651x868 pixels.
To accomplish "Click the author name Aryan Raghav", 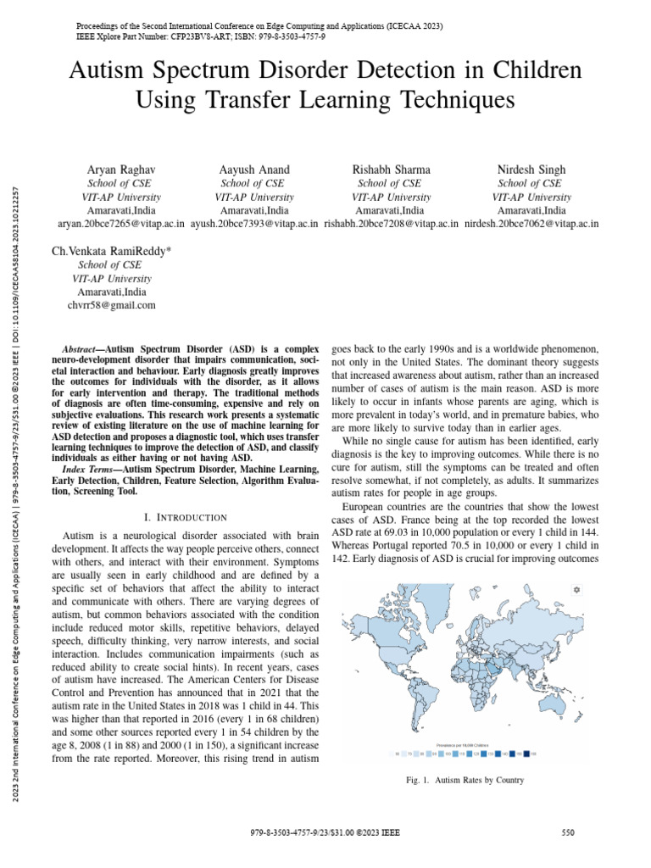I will pyautogui.click(x=115, y=170).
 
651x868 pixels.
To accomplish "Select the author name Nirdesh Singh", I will pyautogui.click(x=531, y=170).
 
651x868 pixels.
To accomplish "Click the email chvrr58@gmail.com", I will pyautogui.click(x=105, y=305).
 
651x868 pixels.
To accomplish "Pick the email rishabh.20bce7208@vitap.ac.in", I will pyautogui.click(x=392, y=224).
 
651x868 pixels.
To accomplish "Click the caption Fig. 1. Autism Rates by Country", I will pyautogui.click(x=465, y=780).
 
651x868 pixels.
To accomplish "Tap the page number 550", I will pyautogui.click(x=569, y=833).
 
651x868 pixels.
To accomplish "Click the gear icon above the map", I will pyautogui.click(x=576, y=589).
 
